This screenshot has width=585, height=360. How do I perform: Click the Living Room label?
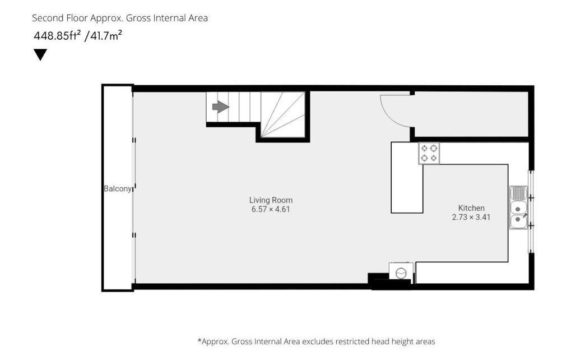click(x=271, y=200)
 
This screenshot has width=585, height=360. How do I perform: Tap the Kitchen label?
click(x=471, y=208)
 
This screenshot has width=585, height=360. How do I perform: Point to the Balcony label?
click(x=118, y=188)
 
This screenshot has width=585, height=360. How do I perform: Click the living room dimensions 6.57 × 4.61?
click(x=271, y=210)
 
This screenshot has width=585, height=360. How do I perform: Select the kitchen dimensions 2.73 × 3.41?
click(x=471, y=218)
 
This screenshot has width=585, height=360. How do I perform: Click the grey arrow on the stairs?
click(x=220, y=107)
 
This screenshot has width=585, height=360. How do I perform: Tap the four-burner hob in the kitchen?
click(x=429, y=153)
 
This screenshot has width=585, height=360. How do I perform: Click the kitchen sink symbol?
click(x=518, y=207)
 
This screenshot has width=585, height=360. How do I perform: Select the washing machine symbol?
click(x=401, y=271)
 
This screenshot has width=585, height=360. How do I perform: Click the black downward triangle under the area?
click(x=40, y=54)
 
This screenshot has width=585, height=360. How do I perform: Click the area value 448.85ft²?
click(x=58, y=35)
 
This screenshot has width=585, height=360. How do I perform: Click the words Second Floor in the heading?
click(x=59, y=18)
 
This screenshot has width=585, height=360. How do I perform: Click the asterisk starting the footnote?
click(x=199, y=340)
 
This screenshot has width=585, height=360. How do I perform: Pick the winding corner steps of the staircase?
click(x=283, y=114)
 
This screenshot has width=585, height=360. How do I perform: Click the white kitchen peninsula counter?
click(x=407, y=177)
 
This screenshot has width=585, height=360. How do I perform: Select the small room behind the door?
click(x=471, y=114)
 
